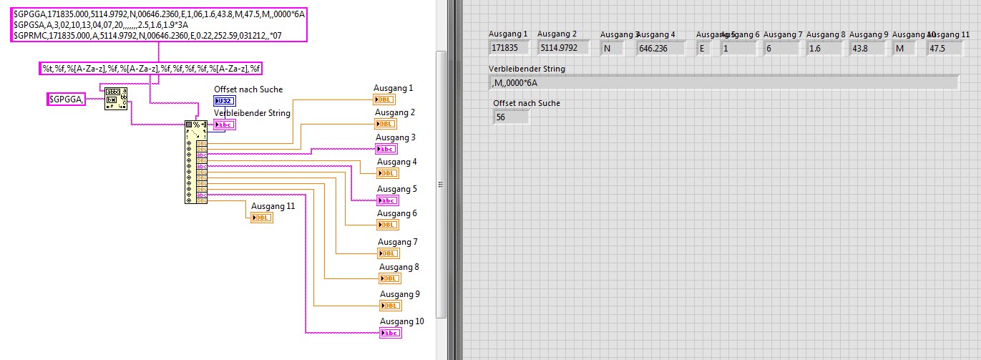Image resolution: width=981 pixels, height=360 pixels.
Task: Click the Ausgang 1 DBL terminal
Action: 384,99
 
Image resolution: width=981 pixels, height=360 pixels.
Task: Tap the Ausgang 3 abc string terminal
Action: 386,149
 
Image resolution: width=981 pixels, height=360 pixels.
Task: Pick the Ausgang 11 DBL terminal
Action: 261,218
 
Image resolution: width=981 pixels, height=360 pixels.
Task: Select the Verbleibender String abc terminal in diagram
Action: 224,125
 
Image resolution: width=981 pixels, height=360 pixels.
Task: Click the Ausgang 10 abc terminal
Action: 391,333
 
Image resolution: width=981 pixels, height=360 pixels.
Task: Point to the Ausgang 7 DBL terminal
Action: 389,253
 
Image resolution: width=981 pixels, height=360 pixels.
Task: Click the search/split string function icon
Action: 116,99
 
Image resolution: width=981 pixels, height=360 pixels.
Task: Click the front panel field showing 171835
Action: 509,48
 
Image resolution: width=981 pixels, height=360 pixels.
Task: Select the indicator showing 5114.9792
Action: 563,48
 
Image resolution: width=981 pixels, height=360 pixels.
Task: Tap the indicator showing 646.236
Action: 660,48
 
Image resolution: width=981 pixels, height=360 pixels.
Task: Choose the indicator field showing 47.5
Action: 945,48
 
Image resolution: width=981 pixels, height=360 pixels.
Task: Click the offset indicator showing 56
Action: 510,117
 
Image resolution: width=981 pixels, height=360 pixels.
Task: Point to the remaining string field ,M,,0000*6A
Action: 723,82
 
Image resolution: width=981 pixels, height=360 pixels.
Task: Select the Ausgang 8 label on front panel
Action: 825,34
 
